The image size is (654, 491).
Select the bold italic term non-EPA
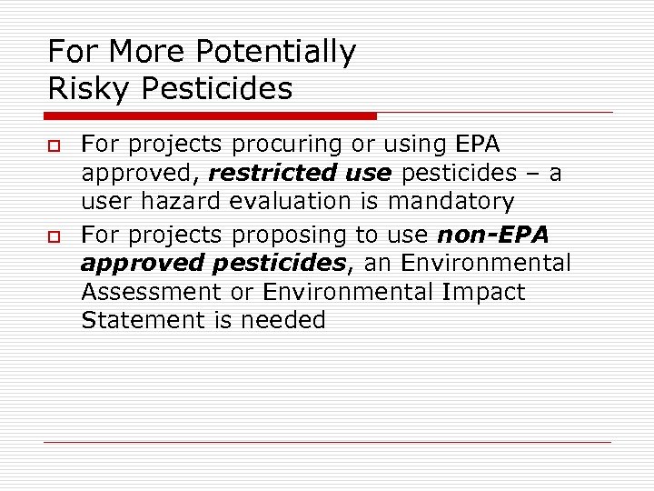(493, 235)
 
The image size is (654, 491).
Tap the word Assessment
(151, 292)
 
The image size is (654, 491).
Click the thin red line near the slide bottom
(327, 443)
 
